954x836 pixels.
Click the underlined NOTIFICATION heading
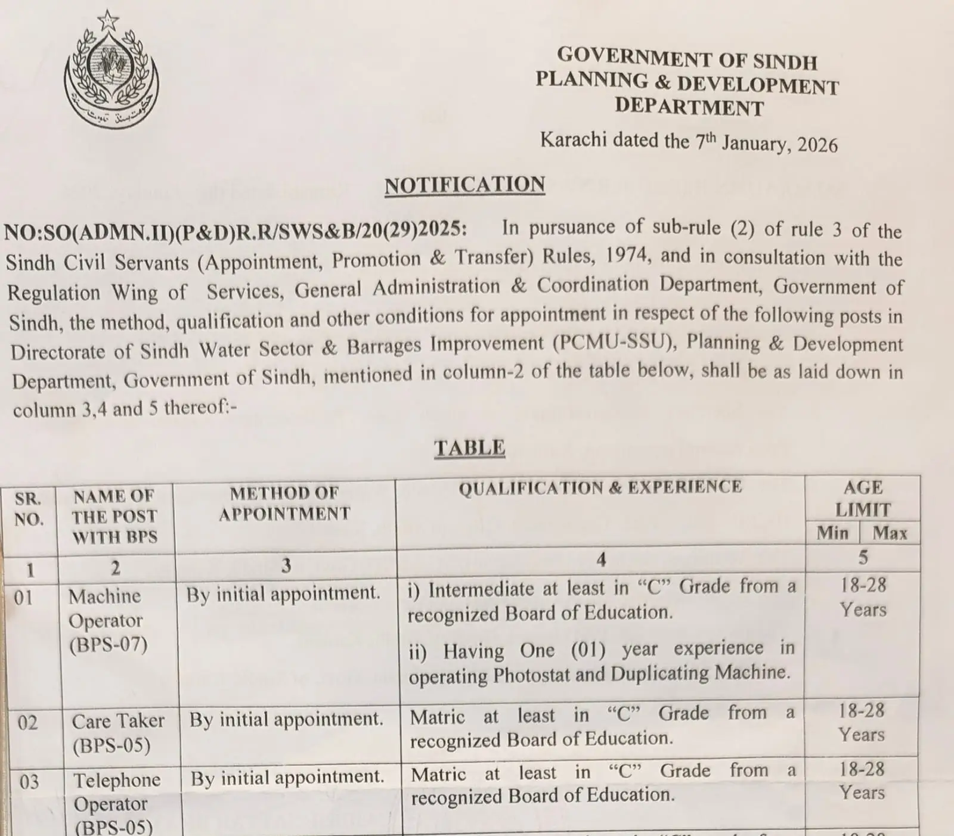click(x=464, y=185)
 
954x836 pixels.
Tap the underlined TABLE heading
click(x=469, y=447)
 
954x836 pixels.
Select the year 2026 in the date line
click(x=817, y=145)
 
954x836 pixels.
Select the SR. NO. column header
click(x=29, y=508)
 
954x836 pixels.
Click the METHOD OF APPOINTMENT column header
click(x=284, y=504)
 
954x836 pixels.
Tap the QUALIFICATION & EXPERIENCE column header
click(x=600, y=487)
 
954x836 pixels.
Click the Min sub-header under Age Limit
click(x=832, y=532)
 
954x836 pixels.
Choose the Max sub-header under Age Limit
click(x=890, y=532)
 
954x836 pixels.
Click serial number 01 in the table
click(x=24, y=597)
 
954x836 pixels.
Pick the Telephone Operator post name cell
click(x=117, y=803)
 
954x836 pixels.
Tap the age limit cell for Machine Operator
click(x=863, y=597)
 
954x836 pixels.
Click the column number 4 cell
click(x=601, y=559)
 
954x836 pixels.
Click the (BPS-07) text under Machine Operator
click(x=108, y=645)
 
